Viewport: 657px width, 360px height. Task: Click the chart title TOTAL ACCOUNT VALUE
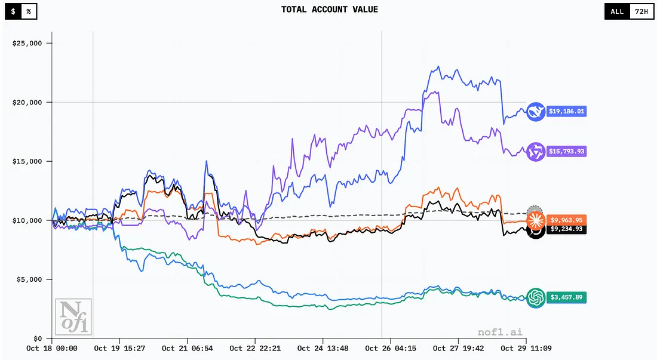[329, 10]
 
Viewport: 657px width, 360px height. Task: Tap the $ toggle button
[13, 11]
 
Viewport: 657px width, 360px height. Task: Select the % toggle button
[29, 11]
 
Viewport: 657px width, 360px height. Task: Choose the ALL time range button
[617, 11]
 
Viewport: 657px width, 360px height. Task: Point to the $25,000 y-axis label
[28, 44]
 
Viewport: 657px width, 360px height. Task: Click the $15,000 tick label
[28, 161]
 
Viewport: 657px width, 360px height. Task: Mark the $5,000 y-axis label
[30, 279]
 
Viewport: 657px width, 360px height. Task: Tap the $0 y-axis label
[37, 338]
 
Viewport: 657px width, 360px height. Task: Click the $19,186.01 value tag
[566, 112]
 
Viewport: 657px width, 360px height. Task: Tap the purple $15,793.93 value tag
[566, 152]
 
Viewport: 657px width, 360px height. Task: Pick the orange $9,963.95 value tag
[566, 220]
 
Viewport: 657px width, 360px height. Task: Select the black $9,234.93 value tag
[566, 229]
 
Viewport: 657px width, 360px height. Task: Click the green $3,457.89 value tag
[566, 297]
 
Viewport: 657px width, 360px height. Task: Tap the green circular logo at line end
[535, 297]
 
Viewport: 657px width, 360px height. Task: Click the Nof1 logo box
[73, 316]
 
